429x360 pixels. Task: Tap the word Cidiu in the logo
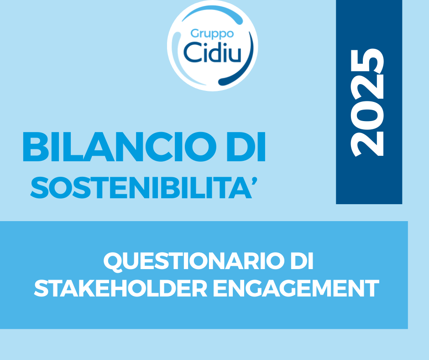[x=213, y=52]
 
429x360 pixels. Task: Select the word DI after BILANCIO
[x=246, y=147]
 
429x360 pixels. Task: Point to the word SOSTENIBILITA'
[x=144, y=188]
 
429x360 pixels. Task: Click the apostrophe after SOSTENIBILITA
[x=254, y=181]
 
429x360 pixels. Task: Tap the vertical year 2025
[x=367, y=103]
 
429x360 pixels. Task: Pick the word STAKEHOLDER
[x=120, y=288]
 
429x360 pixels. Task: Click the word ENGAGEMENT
[x=296, y=288]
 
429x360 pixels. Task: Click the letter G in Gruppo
[x=195, y=33]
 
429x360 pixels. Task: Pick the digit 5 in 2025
[x=367, y=61]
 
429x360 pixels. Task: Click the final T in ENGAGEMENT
[x=371, y=288]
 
